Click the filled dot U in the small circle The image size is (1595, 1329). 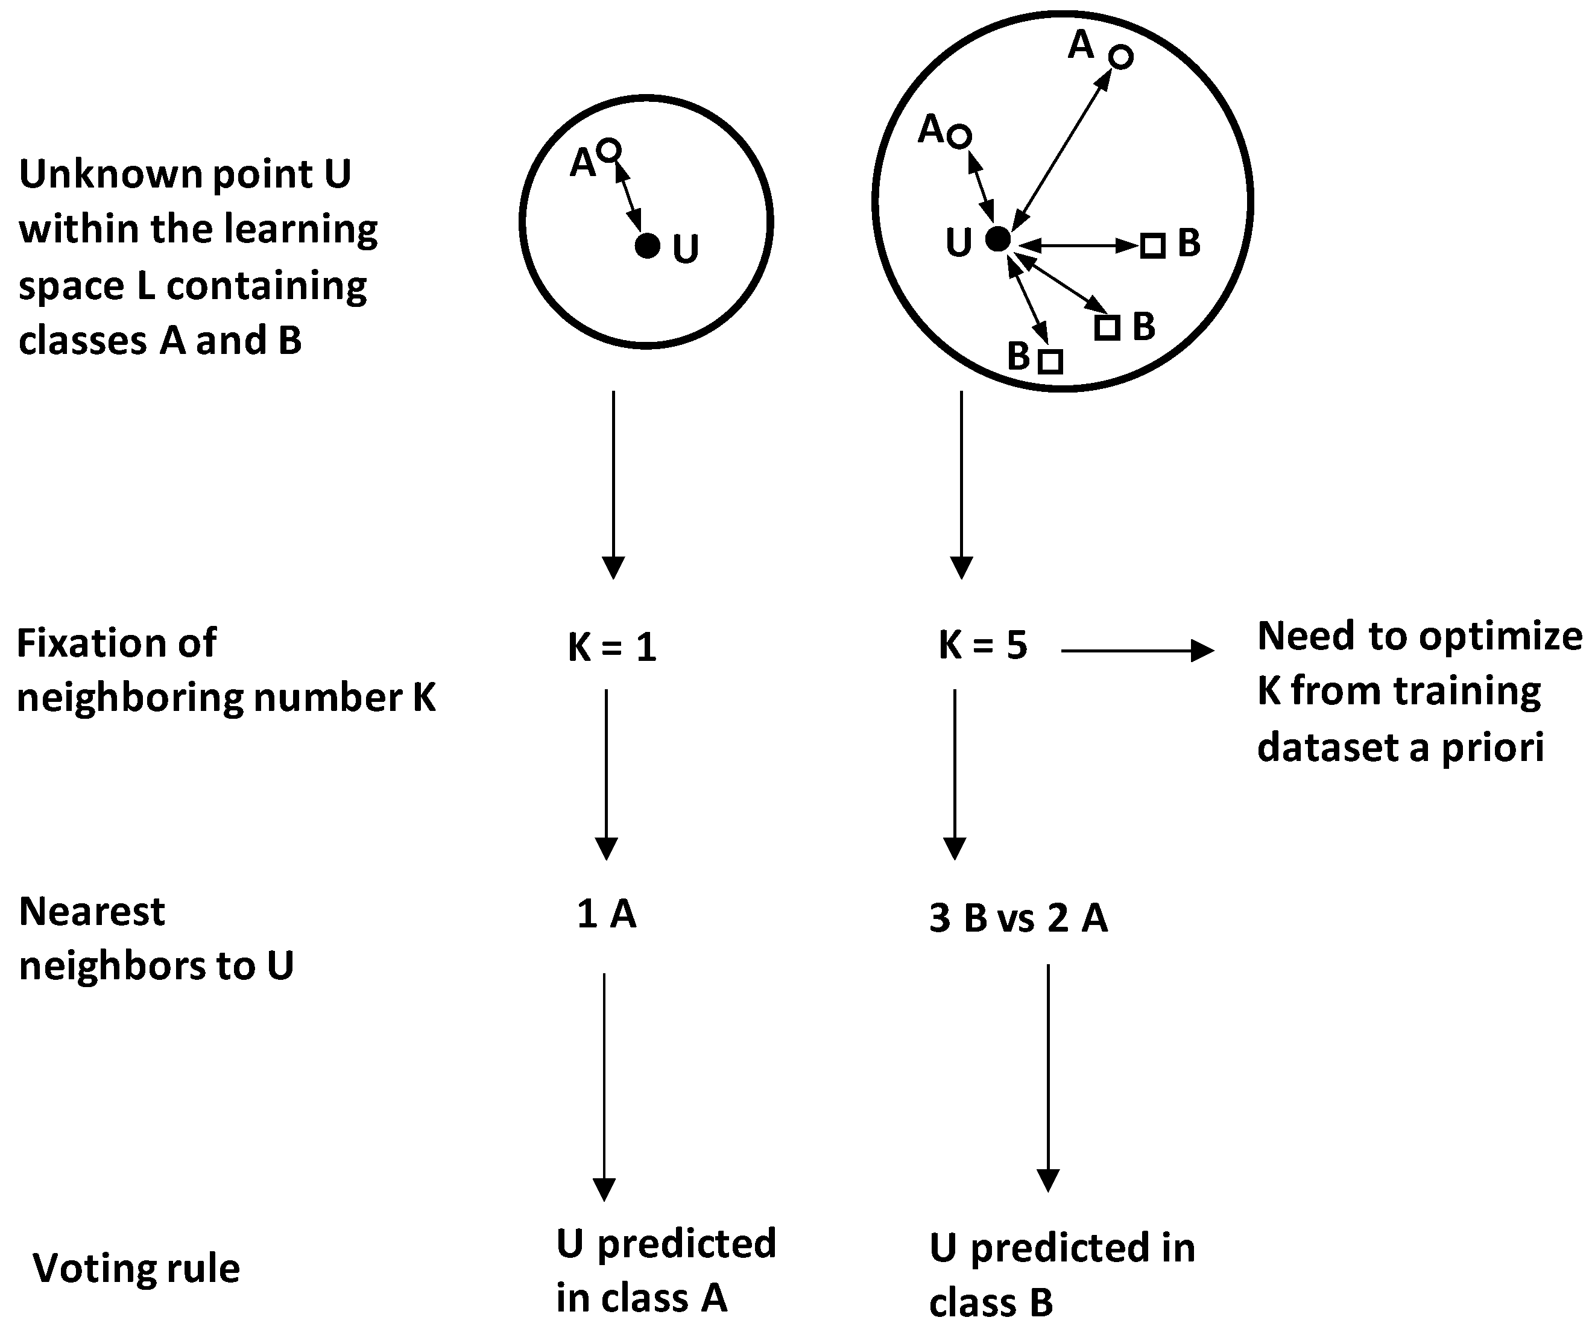[x=647, y=246]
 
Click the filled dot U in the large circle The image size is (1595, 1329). [x=998, y=239]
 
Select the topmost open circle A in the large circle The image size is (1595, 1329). [x=1121, y=57]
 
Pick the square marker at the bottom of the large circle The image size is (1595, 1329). [x=1050, y=361]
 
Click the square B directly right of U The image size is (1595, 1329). [x=1153, y=246]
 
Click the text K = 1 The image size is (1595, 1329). [x=612, y=648]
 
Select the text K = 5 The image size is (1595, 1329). [x=983, y=646]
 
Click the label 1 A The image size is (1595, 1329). [x=606, y=914]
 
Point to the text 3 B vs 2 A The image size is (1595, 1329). [x=1018, y=918]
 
